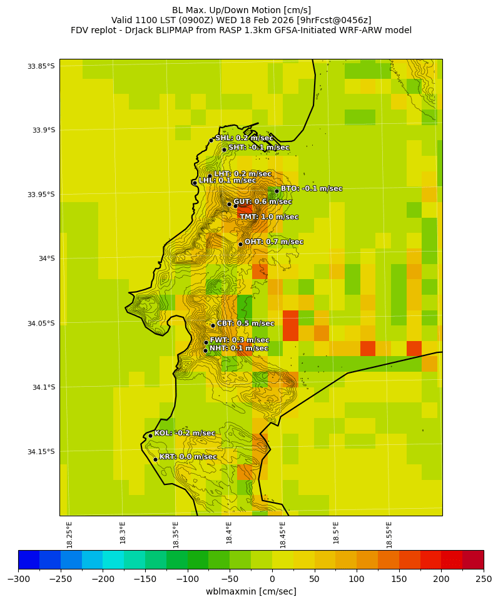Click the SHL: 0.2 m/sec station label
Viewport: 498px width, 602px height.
244,138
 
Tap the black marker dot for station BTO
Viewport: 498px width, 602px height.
277,191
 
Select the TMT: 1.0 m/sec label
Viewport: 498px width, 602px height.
269,217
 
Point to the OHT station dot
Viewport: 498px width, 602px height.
240,244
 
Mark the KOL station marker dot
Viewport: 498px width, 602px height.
150,436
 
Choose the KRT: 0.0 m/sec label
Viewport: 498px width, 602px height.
188,457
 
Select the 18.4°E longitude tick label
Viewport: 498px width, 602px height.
230,534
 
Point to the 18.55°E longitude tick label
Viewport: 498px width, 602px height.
390,534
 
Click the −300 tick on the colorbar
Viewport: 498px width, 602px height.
18,579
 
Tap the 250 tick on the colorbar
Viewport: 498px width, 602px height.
484,579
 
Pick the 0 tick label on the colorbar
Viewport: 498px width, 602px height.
272,579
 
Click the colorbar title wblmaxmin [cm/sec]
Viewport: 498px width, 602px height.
251,591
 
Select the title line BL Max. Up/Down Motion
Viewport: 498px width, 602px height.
241,10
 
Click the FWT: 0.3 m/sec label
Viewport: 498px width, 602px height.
240,340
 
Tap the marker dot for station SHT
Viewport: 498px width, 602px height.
224,150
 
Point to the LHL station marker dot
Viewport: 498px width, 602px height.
195,183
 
